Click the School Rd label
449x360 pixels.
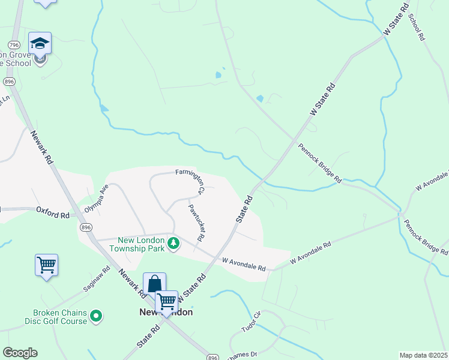417,26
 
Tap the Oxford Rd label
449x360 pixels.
53,211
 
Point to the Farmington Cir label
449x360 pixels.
191,181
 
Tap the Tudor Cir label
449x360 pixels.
251,322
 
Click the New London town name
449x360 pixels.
166,313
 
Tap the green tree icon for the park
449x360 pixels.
173,243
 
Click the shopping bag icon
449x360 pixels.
154,283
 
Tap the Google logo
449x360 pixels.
20,353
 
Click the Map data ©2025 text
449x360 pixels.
423,355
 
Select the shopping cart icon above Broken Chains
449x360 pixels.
46,264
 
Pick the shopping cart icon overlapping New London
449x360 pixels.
166,301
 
